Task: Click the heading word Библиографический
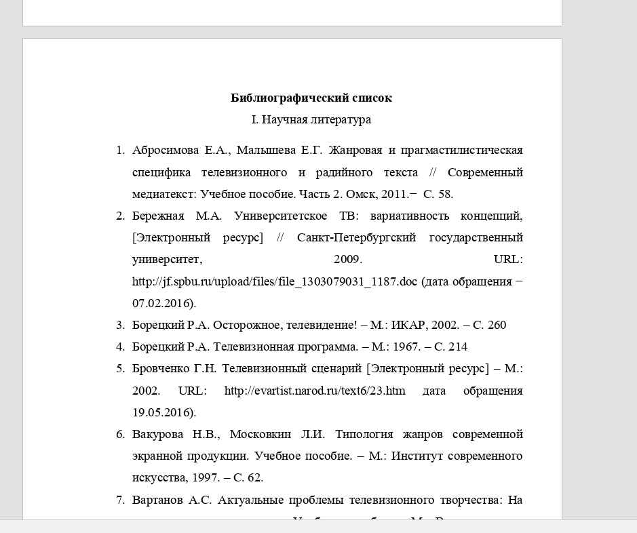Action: click(x=274, y=98)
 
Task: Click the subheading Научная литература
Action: click(x=316, y=119)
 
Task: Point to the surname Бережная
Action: click(x=158, y=216)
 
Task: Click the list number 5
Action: click(x=121, y=369)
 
